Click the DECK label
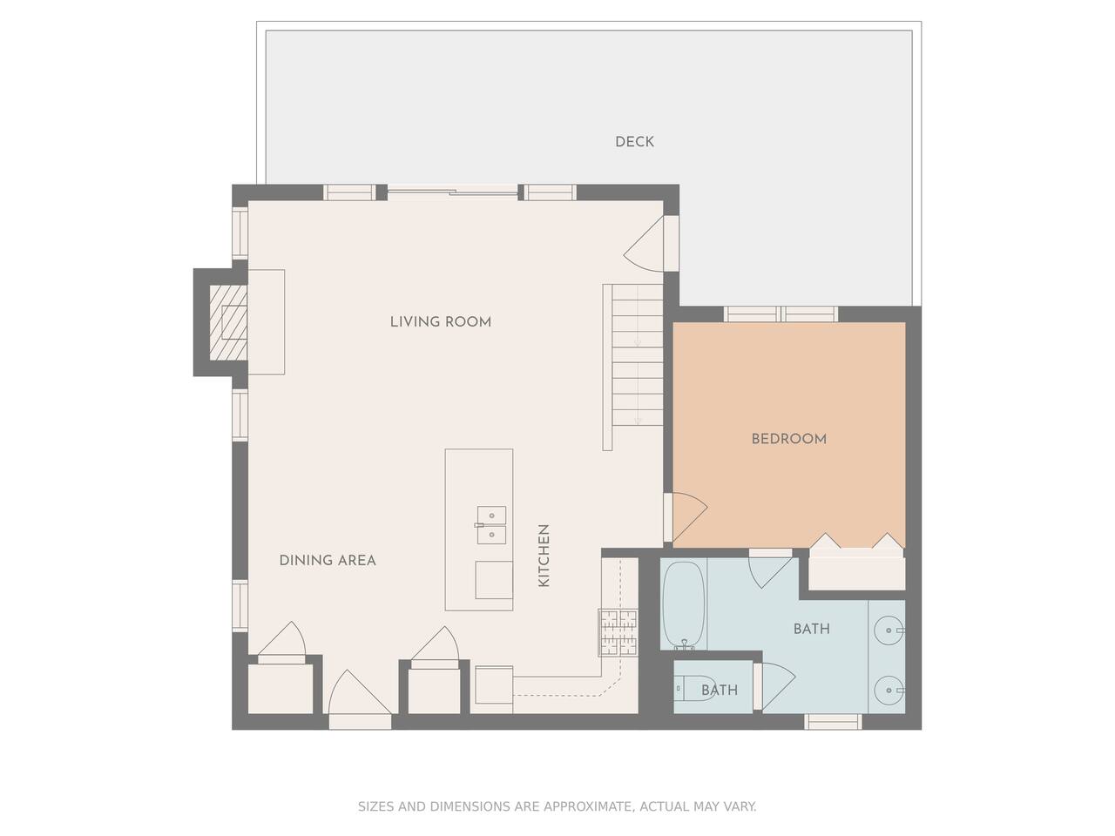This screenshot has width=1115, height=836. click(634, 142)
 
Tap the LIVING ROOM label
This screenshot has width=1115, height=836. click(441, 322)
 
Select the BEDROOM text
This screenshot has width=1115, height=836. click(789, 439)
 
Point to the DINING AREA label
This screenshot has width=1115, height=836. click(328, 560)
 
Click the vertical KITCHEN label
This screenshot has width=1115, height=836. click(544, 556)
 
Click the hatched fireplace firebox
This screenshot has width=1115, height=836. click(228, 323)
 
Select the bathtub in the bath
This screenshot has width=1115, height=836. click(684, 605)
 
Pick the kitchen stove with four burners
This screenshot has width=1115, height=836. click(618, 632)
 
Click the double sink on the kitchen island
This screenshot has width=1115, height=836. click(491, 525)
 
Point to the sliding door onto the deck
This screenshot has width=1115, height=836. click(452, 192)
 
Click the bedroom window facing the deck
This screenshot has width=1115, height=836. click(780, 314)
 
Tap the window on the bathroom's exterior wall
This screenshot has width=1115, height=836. click(833, 721)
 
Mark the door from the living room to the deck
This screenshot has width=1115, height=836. click(645, 244)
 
